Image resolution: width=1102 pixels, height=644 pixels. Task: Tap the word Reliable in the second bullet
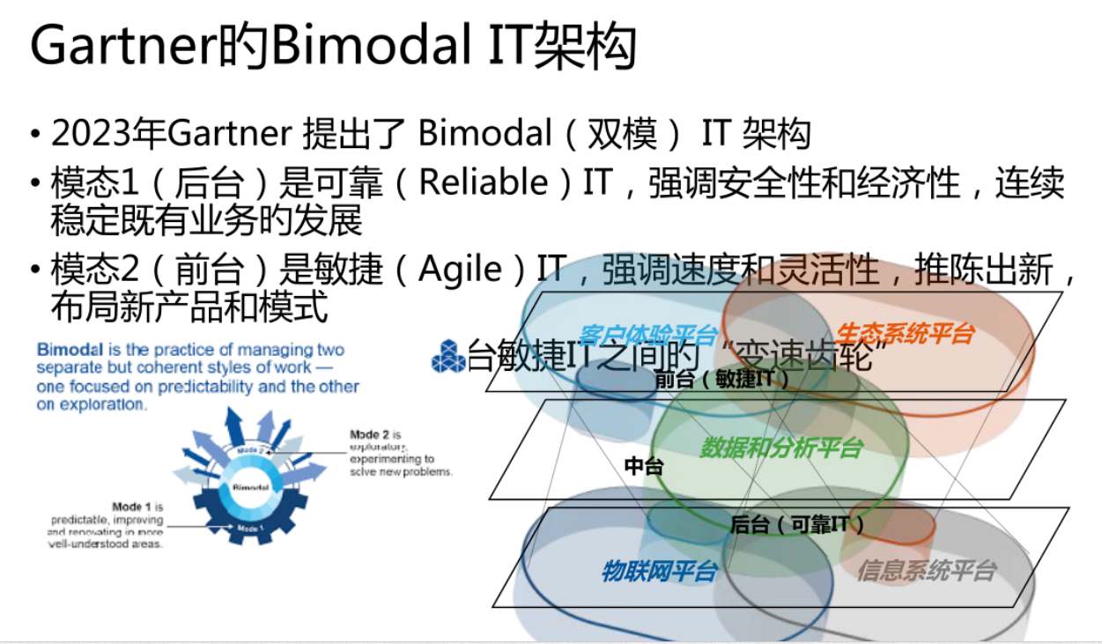coord(483,183)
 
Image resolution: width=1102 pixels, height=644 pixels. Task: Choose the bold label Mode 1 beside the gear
coord(133,507)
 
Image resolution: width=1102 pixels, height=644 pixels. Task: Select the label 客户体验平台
coord(648,335)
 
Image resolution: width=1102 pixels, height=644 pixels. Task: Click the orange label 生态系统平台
coord(905,333)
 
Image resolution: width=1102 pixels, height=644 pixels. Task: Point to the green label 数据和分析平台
coord(780,448)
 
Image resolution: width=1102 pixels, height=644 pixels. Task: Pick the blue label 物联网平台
coord(658,571)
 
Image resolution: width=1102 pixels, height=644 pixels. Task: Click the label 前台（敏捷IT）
coord(721,380)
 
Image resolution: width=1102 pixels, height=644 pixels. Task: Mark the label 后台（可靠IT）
coord(797,525)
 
